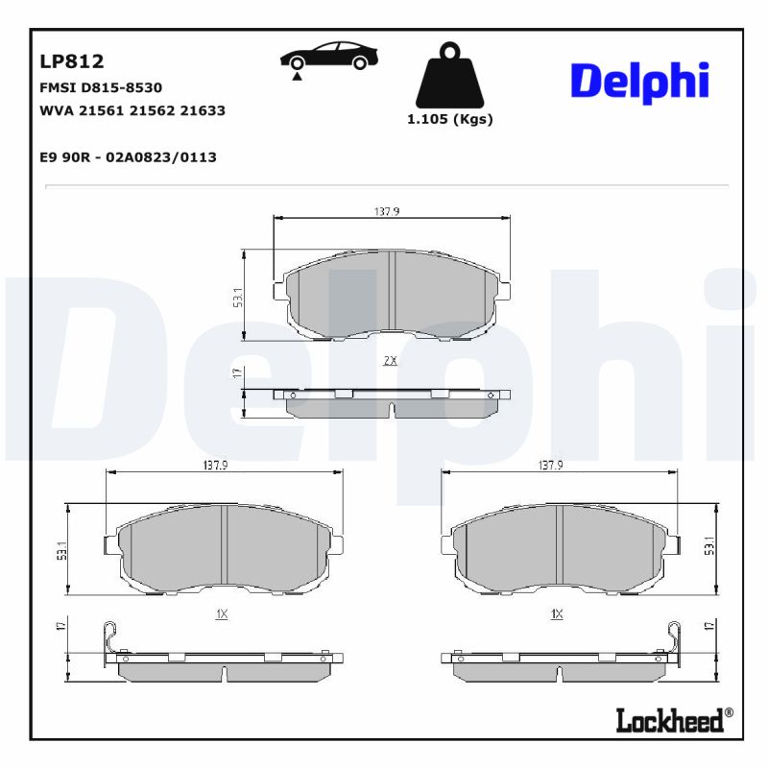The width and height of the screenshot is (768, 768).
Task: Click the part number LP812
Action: [72, 61]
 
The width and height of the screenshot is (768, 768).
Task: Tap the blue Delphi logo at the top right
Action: [639, 82]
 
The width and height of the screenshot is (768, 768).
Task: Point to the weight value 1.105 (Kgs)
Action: [449, 120]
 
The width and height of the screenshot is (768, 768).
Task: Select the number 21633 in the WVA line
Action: [204, 110]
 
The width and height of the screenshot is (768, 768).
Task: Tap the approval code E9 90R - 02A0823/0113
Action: [128, 156]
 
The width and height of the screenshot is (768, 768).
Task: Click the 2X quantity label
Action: [390, 361]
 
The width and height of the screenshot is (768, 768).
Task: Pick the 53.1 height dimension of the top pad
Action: [236, 298]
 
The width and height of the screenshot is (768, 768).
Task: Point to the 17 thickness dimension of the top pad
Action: [236, 372]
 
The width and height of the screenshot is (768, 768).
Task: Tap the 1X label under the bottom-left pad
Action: [221, 613]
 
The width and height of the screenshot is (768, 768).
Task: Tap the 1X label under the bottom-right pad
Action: [556, 613]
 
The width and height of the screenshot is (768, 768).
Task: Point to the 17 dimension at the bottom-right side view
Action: [709, 626]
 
